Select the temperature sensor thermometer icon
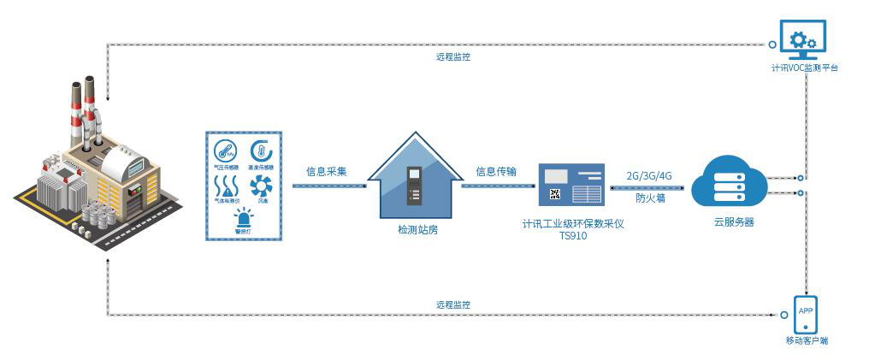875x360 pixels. coord(261,150)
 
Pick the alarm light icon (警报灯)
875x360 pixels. coord(243,217)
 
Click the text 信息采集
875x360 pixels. coord(327,171)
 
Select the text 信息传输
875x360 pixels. coord(496,171)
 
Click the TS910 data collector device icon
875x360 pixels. coord(571,184)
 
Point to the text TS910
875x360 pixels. coord(573,236)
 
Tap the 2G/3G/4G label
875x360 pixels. coord(649,175)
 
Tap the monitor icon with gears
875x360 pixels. coord(802,39)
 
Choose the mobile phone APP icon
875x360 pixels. coord(806,313)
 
